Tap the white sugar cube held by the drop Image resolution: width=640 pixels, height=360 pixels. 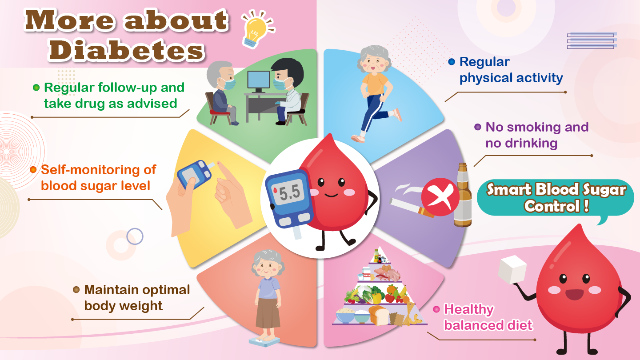point(512,269)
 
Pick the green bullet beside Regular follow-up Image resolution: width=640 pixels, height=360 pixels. point(36,88)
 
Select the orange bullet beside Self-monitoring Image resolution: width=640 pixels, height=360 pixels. point(33,170)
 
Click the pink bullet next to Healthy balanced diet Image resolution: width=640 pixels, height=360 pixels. point(436,309)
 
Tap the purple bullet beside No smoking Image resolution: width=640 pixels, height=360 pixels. point(478,127)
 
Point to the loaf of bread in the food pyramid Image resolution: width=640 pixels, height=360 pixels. point(378,315)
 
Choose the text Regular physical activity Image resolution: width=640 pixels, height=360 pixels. point(511,70)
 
